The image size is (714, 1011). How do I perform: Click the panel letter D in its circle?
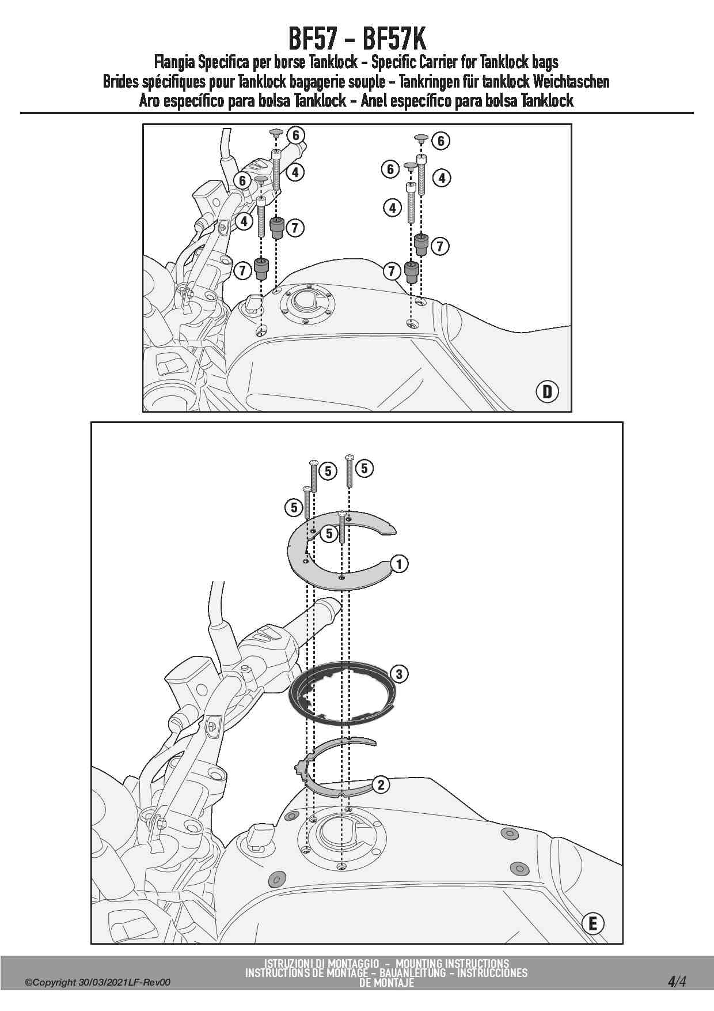[547, 392]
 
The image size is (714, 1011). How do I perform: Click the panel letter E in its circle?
[593, 924]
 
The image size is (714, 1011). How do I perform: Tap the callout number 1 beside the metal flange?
[399, 563]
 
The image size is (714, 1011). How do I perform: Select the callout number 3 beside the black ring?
[398, 673]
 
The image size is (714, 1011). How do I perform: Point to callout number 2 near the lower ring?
[381, 784]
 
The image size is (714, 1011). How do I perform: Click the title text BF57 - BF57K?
[357, 39]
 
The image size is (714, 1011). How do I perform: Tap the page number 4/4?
[677, 982]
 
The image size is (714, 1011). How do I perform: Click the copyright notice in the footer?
[98, 983]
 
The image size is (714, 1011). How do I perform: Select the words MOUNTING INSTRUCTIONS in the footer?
[452, 963]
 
